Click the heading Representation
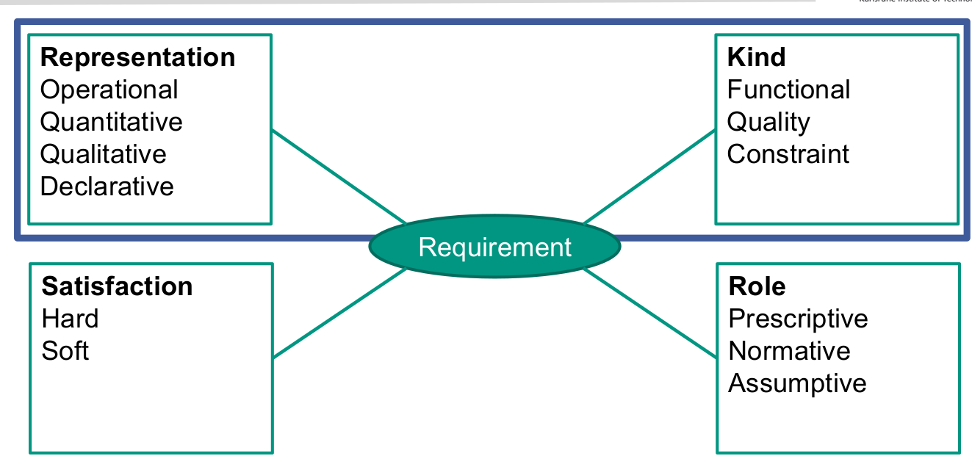click(x=137, y=57)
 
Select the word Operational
click(x=109, y=90)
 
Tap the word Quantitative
click(x=111, y=122)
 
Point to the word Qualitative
click(x=103, y=154)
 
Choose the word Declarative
click(x=107, y=187)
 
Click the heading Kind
click(x=756, y=57)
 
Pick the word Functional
click(x=788, y=90)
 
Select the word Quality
click(x=768, y=122)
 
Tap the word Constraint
click(x=788, y=154)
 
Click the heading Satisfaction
click(x=117, y=286)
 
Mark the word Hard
click(x=70, y=319)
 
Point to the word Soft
click(x=65, y=351)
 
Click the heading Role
click(x=757, y=286)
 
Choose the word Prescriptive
click(x=798, y=319)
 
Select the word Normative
click(x=789, y=351)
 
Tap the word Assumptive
click(x=797, y=383)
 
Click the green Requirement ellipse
click(x=494, y=247)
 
